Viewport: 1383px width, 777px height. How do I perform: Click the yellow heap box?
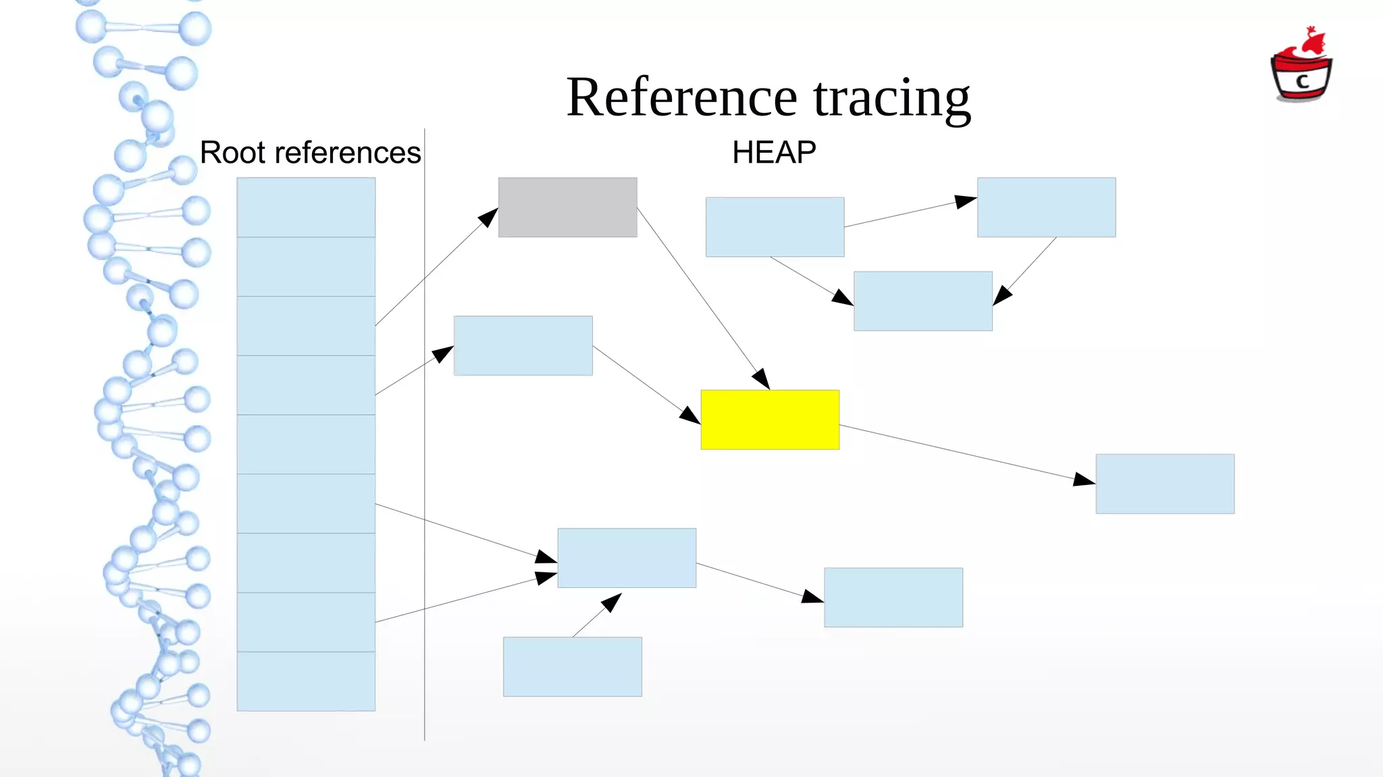coord(770,420)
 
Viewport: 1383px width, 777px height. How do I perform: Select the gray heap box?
coord(567,207)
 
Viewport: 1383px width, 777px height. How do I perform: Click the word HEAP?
coord(774,153)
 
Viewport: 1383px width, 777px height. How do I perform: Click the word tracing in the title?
coord(891,99)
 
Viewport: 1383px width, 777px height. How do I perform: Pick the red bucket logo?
coord(1301,68)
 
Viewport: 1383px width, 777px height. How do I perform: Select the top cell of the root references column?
coord(306,207)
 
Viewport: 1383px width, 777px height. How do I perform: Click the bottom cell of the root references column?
coord(306,681)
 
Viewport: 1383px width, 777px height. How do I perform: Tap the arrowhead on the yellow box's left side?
coord(690,415)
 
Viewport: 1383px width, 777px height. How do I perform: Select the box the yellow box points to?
coord(1165,484)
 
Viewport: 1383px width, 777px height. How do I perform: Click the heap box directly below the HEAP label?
coord(775,227)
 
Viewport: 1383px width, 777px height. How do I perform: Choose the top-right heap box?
coord(1046,207)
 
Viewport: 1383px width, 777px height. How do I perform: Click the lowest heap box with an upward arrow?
coord(572,667)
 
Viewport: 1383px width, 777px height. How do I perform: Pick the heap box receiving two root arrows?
coord(627,558)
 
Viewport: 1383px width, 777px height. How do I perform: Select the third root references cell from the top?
coord(306,326)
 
